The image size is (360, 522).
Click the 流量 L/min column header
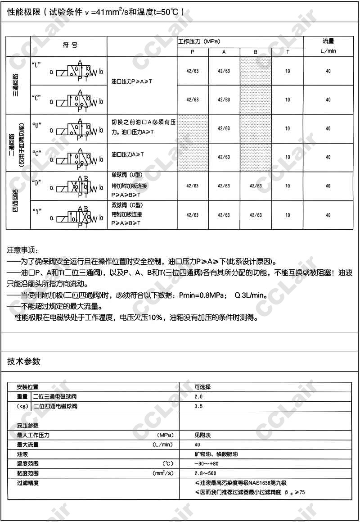(x=328, y=46)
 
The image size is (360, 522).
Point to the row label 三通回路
(x=15, y=86)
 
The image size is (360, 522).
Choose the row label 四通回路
(x=15, y=200)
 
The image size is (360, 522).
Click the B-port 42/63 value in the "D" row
(x=255, y=186)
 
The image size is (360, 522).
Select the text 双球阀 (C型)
(x=126, y=204)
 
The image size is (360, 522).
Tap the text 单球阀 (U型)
(x=126, y=174)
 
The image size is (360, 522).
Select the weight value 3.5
(x=198, y=406)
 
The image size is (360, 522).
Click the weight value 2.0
(x=198, y=397)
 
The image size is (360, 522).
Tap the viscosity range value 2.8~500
(x=206, y=473)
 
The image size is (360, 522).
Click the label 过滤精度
(x=27, y=483)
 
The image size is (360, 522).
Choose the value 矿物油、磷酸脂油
(x=216, y=454)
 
